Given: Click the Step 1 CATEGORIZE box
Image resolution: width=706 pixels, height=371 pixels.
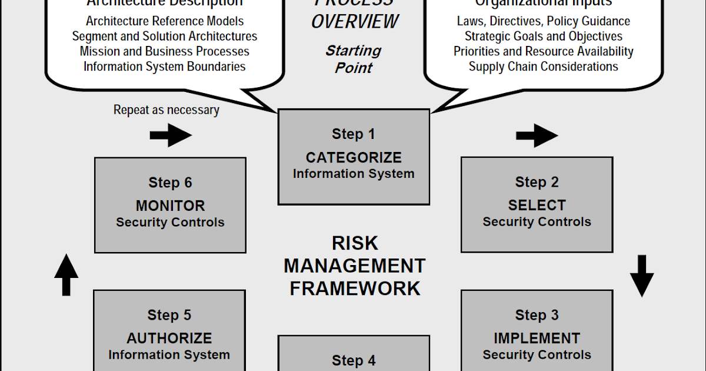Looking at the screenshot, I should (x=354, y=157).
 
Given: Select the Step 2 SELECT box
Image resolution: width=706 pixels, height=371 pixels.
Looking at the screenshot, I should (x=537, y=204).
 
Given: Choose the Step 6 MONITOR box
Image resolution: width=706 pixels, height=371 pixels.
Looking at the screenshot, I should (x=170, y=205).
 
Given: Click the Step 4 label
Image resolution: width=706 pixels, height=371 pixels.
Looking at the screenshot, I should (x=354, y=360).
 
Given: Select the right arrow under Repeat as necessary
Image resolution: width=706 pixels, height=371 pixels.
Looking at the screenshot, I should (x=171, y=135).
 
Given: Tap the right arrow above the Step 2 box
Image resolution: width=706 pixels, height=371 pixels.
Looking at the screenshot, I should (x=537, y=136).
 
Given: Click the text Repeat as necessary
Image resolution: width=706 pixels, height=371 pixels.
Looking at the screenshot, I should (x=166, y=110).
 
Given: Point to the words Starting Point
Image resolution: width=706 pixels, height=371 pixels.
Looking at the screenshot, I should (x=354, y=59).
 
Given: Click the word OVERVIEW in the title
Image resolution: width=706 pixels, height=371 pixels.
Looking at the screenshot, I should (x=355, y=22).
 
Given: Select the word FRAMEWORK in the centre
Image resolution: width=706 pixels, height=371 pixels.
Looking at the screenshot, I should (x=355, y=289).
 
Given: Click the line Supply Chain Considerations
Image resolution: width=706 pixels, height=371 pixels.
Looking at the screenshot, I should (x=543, y=66).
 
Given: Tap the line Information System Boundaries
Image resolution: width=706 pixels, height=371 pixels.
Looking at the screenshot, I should (x=165, y=66).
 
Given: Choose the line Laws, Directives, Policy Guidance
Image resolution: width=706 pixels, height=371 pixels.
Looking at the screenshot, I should (x=543, y=21).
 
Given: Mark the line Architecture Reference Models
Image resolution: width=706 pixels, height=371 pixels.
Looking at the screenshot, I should (x=165, y=21).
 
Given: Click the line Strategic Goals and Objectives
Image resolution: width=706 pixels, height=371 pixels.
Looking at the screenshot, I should (x=543, y=36).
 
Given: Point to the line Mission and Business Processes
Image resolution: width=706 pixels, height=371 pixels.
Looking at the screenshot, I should (x=165, y=51).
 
